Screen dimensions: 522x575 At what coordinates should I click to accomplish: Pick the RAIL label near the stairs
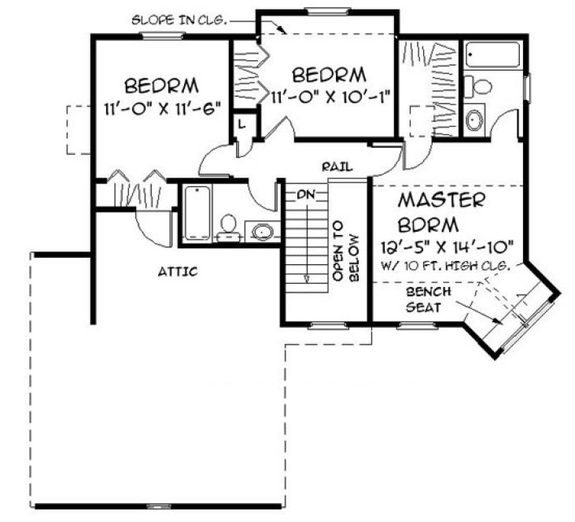336,167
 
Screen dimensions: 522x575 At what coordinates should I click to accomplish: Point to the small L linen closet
241,124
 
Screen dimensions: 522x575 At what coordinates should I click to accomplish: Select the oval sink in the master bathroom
476,119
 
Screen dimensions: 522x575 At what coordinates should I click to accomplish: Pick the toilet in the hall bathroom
229,225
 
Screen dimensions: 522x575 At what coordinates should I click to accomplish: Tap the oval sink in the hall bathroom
262,230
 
